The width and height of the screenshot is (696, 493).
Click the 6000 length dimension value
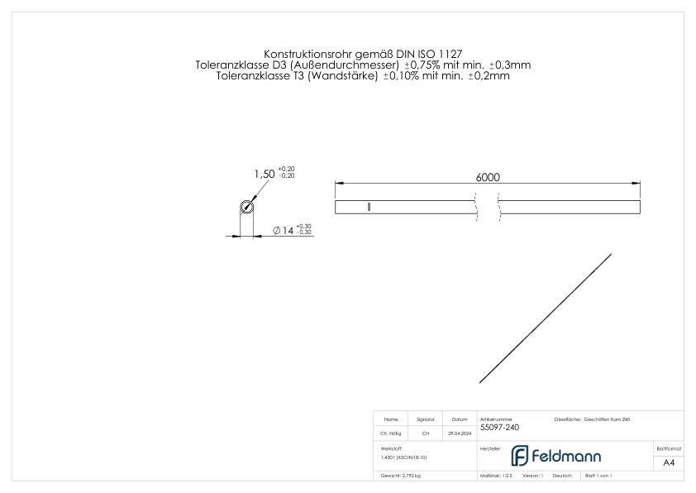488,177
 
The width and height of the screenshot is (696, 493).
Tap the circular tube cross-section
246,207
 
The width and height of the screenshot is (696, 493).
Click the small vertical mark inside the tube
369,206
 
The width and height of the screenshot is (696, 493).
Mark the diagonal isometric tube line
546,318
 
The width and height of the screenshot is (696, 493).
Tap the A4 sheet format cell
668,463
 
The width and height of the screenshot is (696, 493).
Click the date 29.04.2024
459,433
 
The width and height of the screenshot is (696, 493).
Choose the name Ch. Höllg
391,433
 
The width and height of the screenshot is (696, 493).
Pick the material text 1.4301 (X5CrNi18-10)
404,457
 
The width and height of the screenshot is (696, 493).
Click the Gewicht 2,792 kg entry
401,476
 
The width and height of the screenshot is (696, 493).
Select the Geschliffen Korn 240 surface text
607,420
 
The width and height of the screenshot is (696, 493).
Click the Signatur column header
426,419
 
